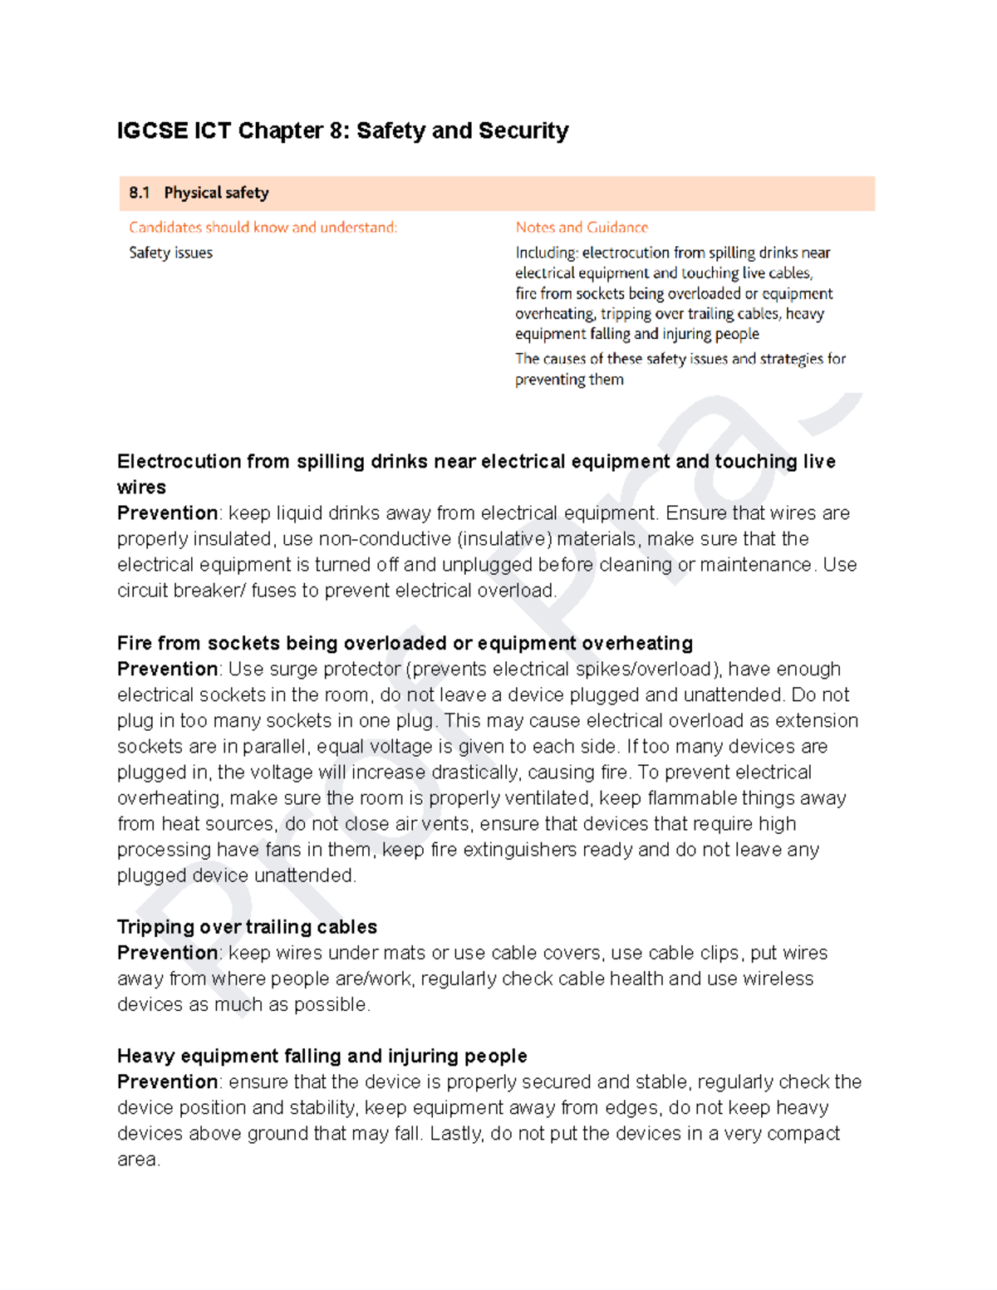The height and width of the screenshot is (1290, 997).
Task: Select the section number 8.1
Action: tap(140, 193)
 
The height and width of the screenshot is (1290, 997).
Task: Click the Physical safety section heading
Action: tap(216, 193)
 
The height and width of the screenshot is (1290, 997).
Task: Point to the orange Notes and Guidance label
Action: tap(582, 227)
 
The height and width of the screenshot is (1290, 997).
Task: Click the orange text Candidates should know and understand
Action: tap(263, 227)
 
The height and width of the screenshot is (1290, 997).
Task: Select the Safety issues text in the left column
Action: tap(170, 253)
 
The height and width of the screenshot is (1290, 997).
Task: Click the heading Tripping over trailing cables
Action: tap(247, 927)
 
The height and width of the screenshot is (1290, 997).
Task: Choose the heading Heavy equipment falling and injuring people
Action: tap(322, 1056)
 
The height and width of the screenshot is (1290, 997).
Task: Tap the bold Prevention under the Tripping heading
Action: tap(167, 953)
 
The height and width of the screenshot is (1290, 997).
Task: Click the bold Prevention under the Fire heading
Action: tap(167, 670)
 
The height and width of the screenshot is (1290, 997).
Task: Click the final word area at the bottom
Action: tap(137, 1160)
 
